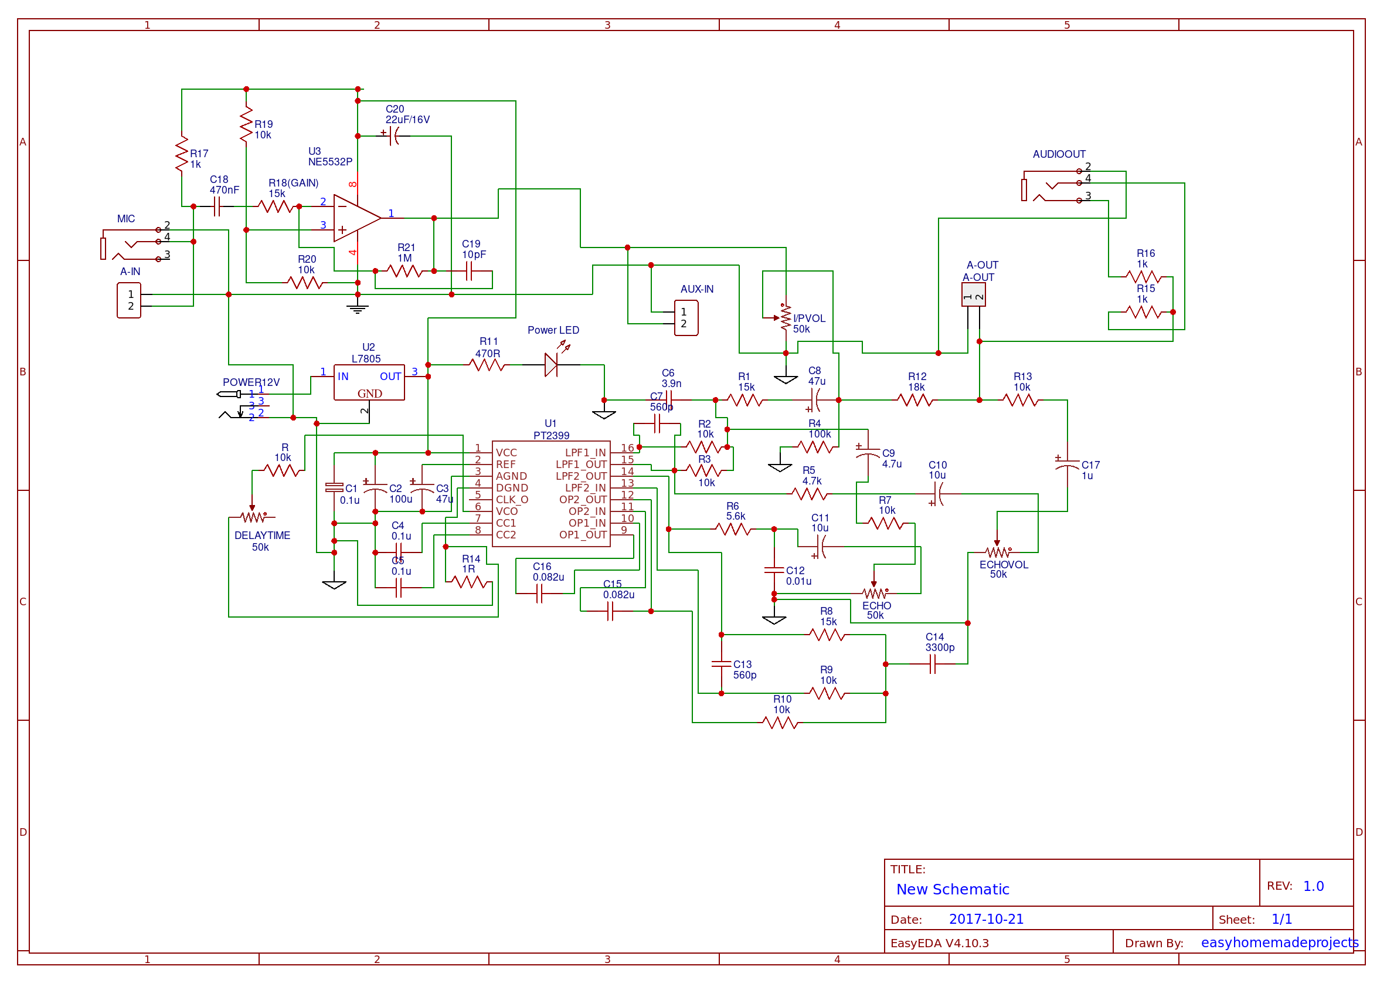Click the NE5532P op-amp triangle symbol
point(356,218)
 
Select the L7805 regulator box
point(369,382)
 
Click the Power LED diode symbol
point(551,365)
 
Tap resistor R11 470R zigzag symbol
point(487,365)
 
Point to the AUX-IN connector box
point(686,318)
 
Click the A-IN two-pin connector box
point(129,300)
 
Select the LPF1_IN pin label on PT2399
point(585,453)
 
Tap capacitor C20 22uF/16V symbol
point(394,136)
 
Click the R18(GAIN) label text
point(293,183)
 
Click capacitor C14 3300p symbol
point(932,665)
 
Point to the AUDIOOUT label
point(1059,154)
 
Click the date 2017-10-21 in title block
point(986,919)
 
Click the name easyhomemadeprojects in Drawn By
point(1279,943)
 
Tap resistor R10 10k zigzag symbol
point(780,723)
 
